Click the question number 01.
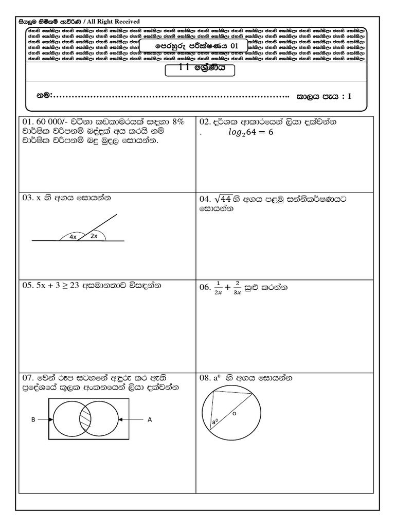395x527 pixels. (27, 122)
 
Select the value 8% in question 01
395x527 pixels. (178, 122)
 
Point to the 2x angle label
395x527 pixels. (94, 236)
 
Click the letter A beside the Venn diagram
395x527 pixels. (150, 419)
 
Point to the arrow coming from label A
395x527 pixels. (131, 419)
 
